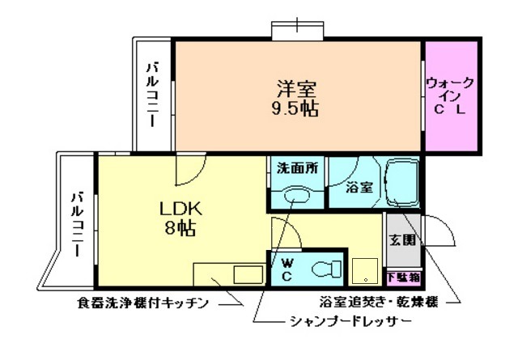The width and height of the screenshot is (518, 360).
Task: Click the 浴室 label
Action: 359,188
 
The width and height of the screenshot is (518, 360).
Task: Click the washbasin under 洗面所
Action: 295,195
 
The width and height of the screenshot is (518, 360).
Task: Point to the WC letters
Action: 287,269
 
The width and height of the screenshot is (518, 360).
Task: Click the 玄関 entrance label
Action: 402,239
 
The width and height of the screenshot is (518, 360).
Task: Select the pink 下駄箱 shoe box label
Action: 402,277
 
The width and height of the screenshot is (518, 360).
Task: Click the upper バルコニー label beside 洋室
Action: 152,95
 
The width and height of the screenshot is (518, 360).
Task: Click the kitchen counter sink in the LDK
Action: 244,273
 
